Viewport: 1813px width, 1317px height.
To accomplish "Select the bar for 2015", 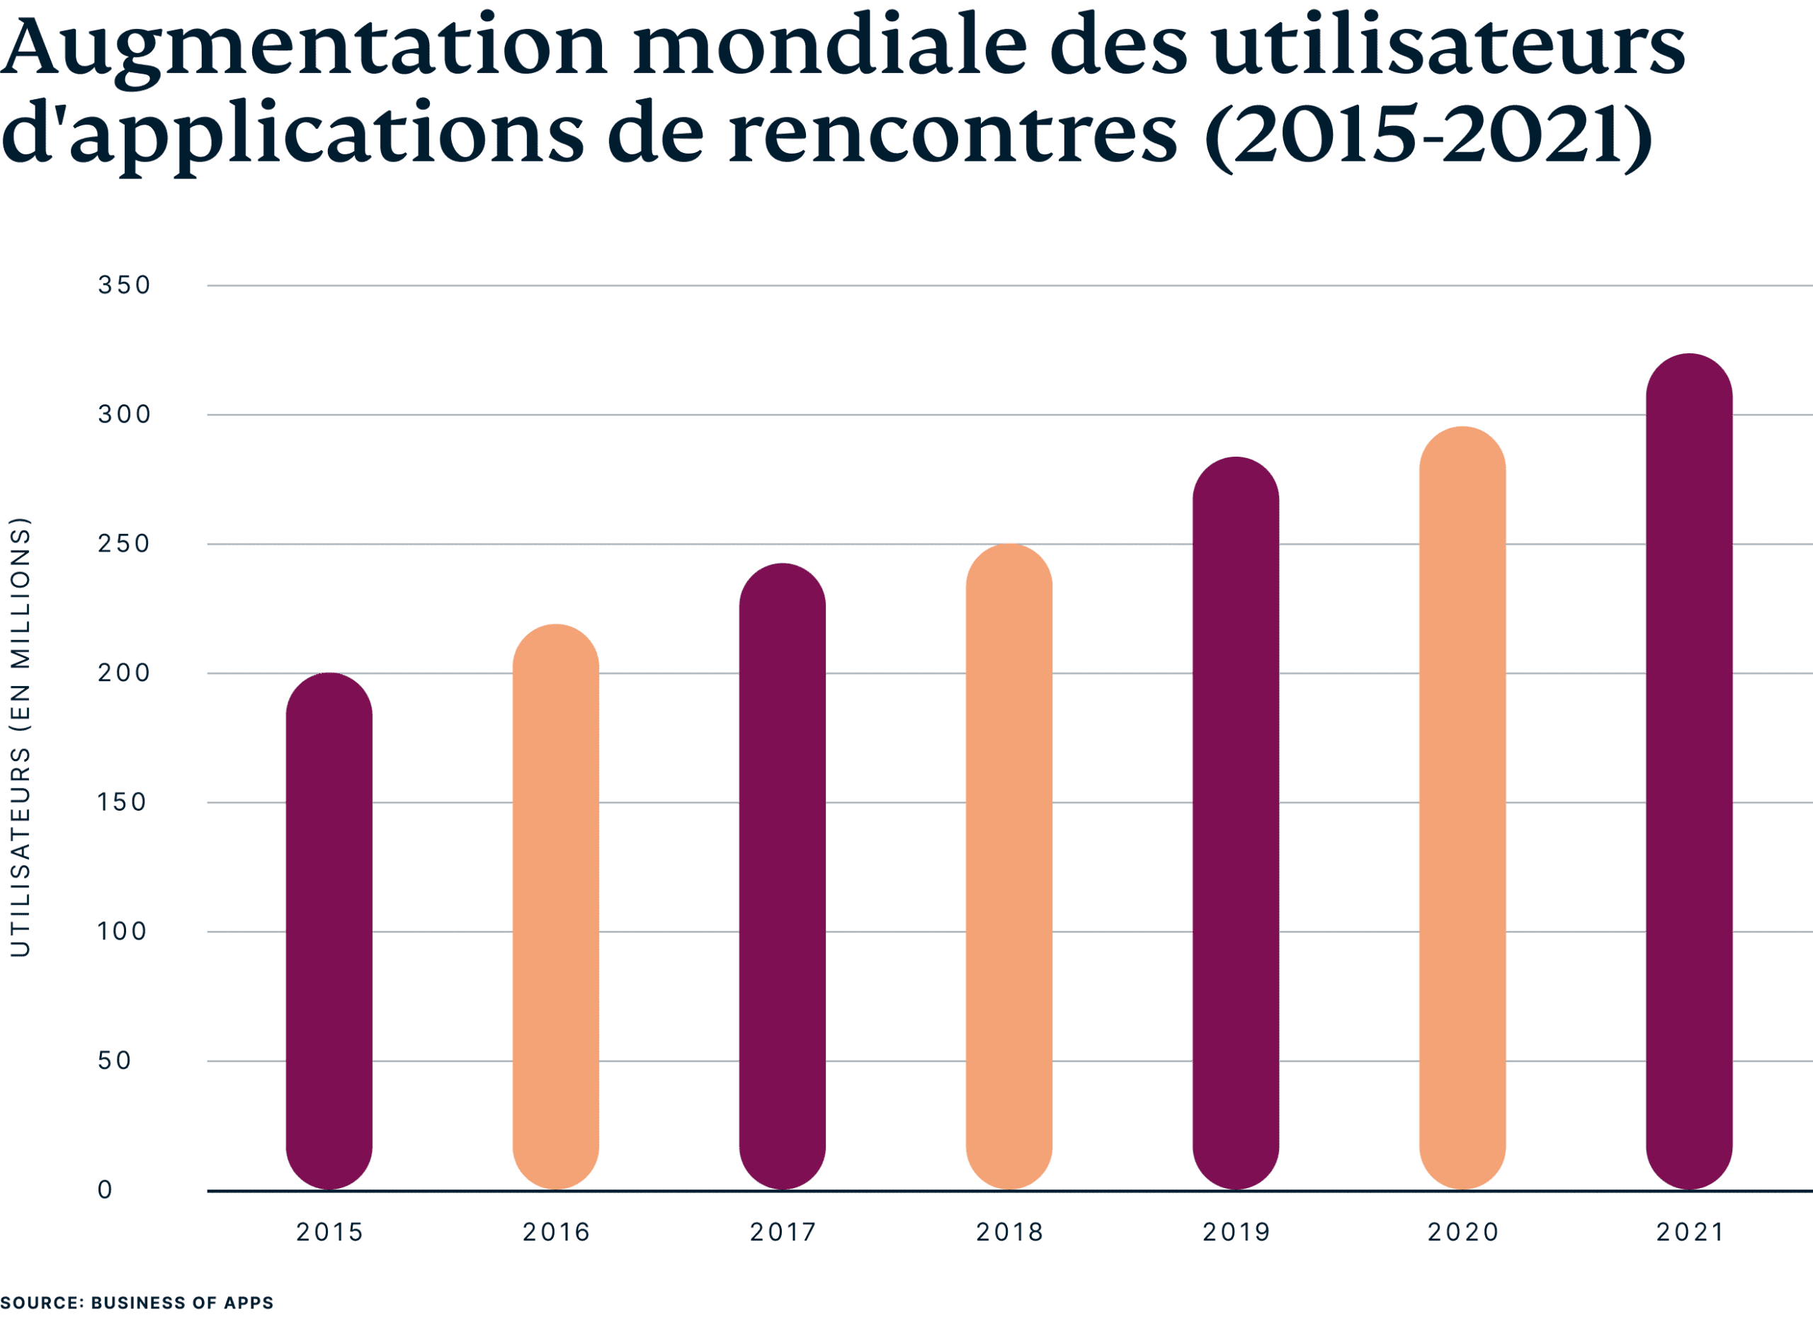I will tap(329, 931).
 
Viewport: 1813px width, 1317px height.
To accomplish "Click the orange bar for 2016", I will tap(555, 907).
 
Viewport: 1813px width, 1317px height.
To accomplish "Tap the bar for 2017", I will tap(782, 877).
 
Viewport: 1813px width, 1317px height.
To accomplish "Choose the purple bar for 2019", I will tap(1235, 823).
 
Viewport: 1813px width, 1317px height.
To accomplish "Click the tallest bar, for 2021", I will tap(1689, 771).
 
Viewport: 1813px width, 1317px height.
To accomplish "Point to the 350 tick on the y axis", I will tap(124, 285).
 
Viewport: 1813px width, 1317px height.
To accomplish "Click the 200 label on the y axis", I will tap(124, 673).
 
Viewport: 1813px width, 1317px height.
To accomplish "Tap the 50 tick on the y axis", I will tap(113, 1061).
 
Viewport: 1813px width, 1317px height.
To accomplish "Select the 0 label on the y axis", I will tap(106, 1190).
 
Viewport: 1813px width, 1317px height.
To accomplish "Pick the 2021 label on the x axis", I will tap(1689, 1231).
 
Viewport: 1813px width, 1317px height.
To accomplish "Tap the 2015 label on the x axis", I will tap(329, 1231).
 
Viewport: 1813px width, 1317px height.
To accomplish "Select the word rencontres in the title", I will tap(951, 132).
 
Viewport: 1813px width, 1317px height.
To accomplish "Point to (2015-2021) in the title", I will tap(1427, 132).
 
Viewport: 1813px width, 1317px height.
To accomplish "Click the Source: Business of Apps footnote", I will tap(137, 1303).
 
